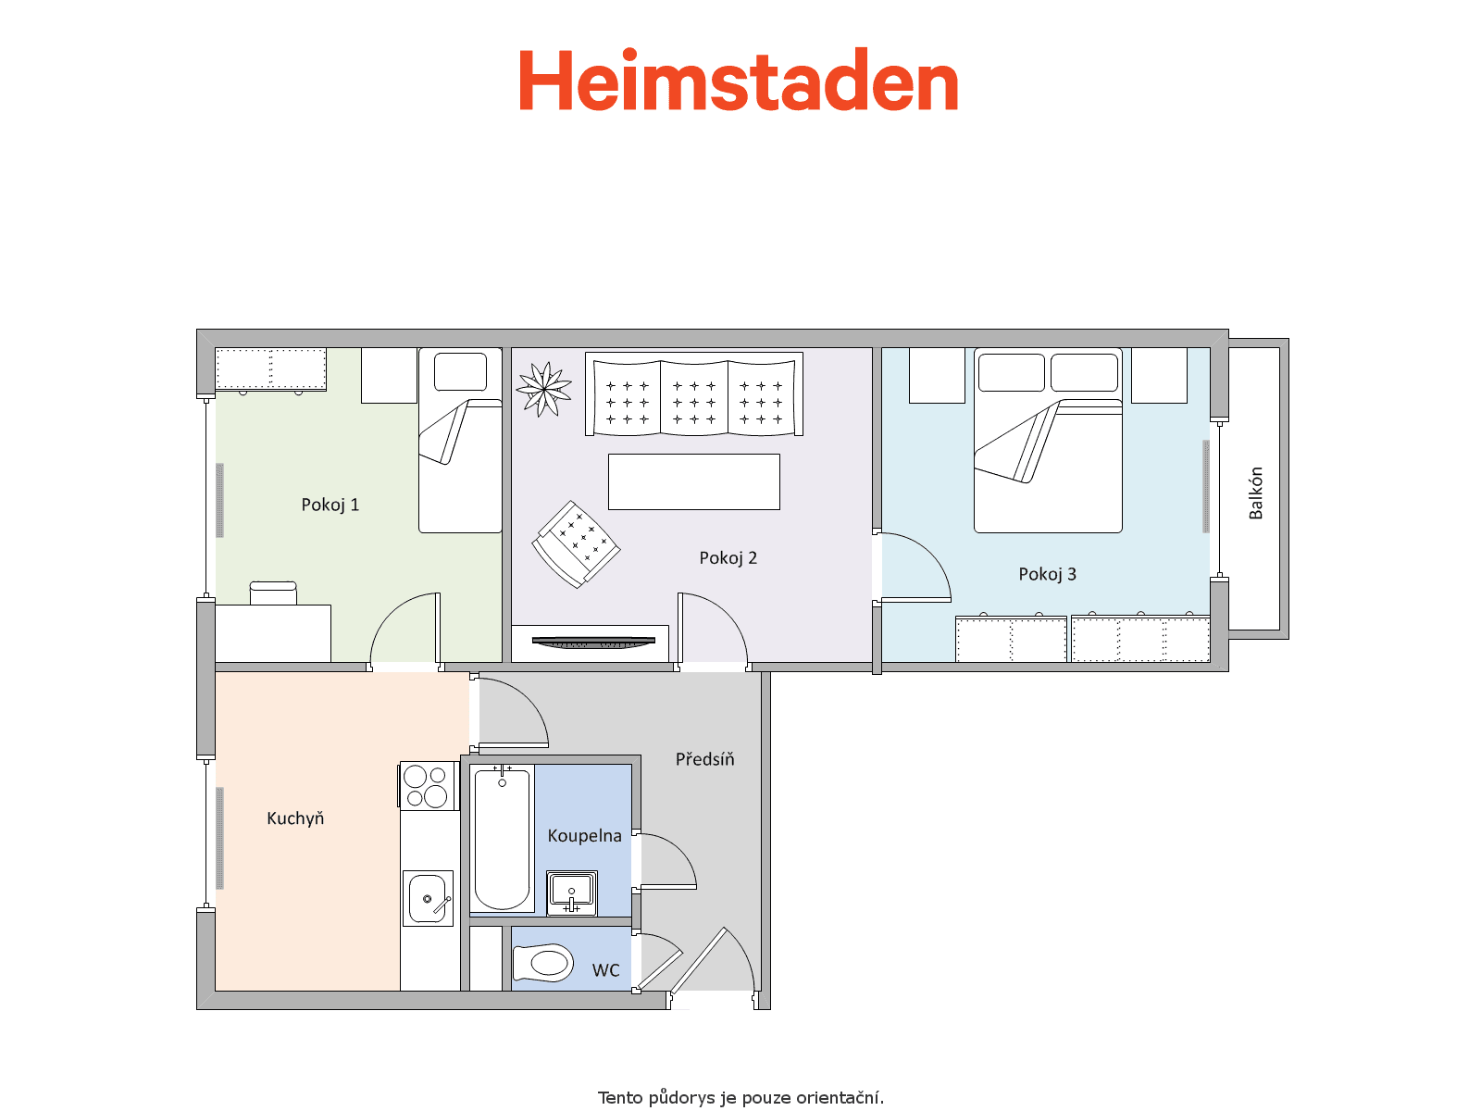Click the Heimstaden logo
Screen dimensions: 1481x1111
pos(738,80)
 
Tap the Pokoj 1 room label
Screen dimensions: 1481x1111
pos(330,506)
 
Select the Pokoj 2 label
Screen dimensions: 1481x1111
pos(728,558)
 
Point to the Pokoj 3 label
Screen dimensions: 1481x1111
pos(1047,575)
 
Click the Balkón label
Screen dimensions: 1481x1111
pos(1255,493)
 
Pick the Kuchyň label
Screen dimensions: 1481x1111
pos(295,818)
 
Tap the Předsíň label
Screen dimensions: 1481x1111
pos(705,759)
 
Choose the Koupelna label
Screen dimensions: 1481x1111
pos(584,836)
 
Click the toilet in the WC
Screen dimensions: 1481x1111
pos(543,963)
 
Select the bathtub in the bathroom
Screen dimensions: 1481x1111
pos(502,838)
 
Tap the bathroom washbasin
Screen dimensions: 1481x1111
pos(571,893)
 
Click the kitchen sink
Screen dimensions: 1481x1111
pos(428,898)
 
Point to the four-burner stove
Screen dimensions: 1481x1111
pos(427,785)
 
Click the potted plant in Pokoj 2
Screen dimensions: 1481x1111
pos(544,389)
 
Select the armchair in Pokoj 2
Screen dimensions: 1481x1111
pos(576,543)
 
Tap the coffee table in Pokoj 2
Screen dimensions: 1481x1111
pos(693,481)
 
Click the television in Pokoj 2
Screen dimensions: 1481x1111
pos(593,643)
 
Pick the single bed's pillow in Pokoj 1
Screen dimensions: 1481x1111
pos(460,371)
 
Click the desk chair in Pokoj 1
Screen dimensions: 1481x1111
pos(273,593)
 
